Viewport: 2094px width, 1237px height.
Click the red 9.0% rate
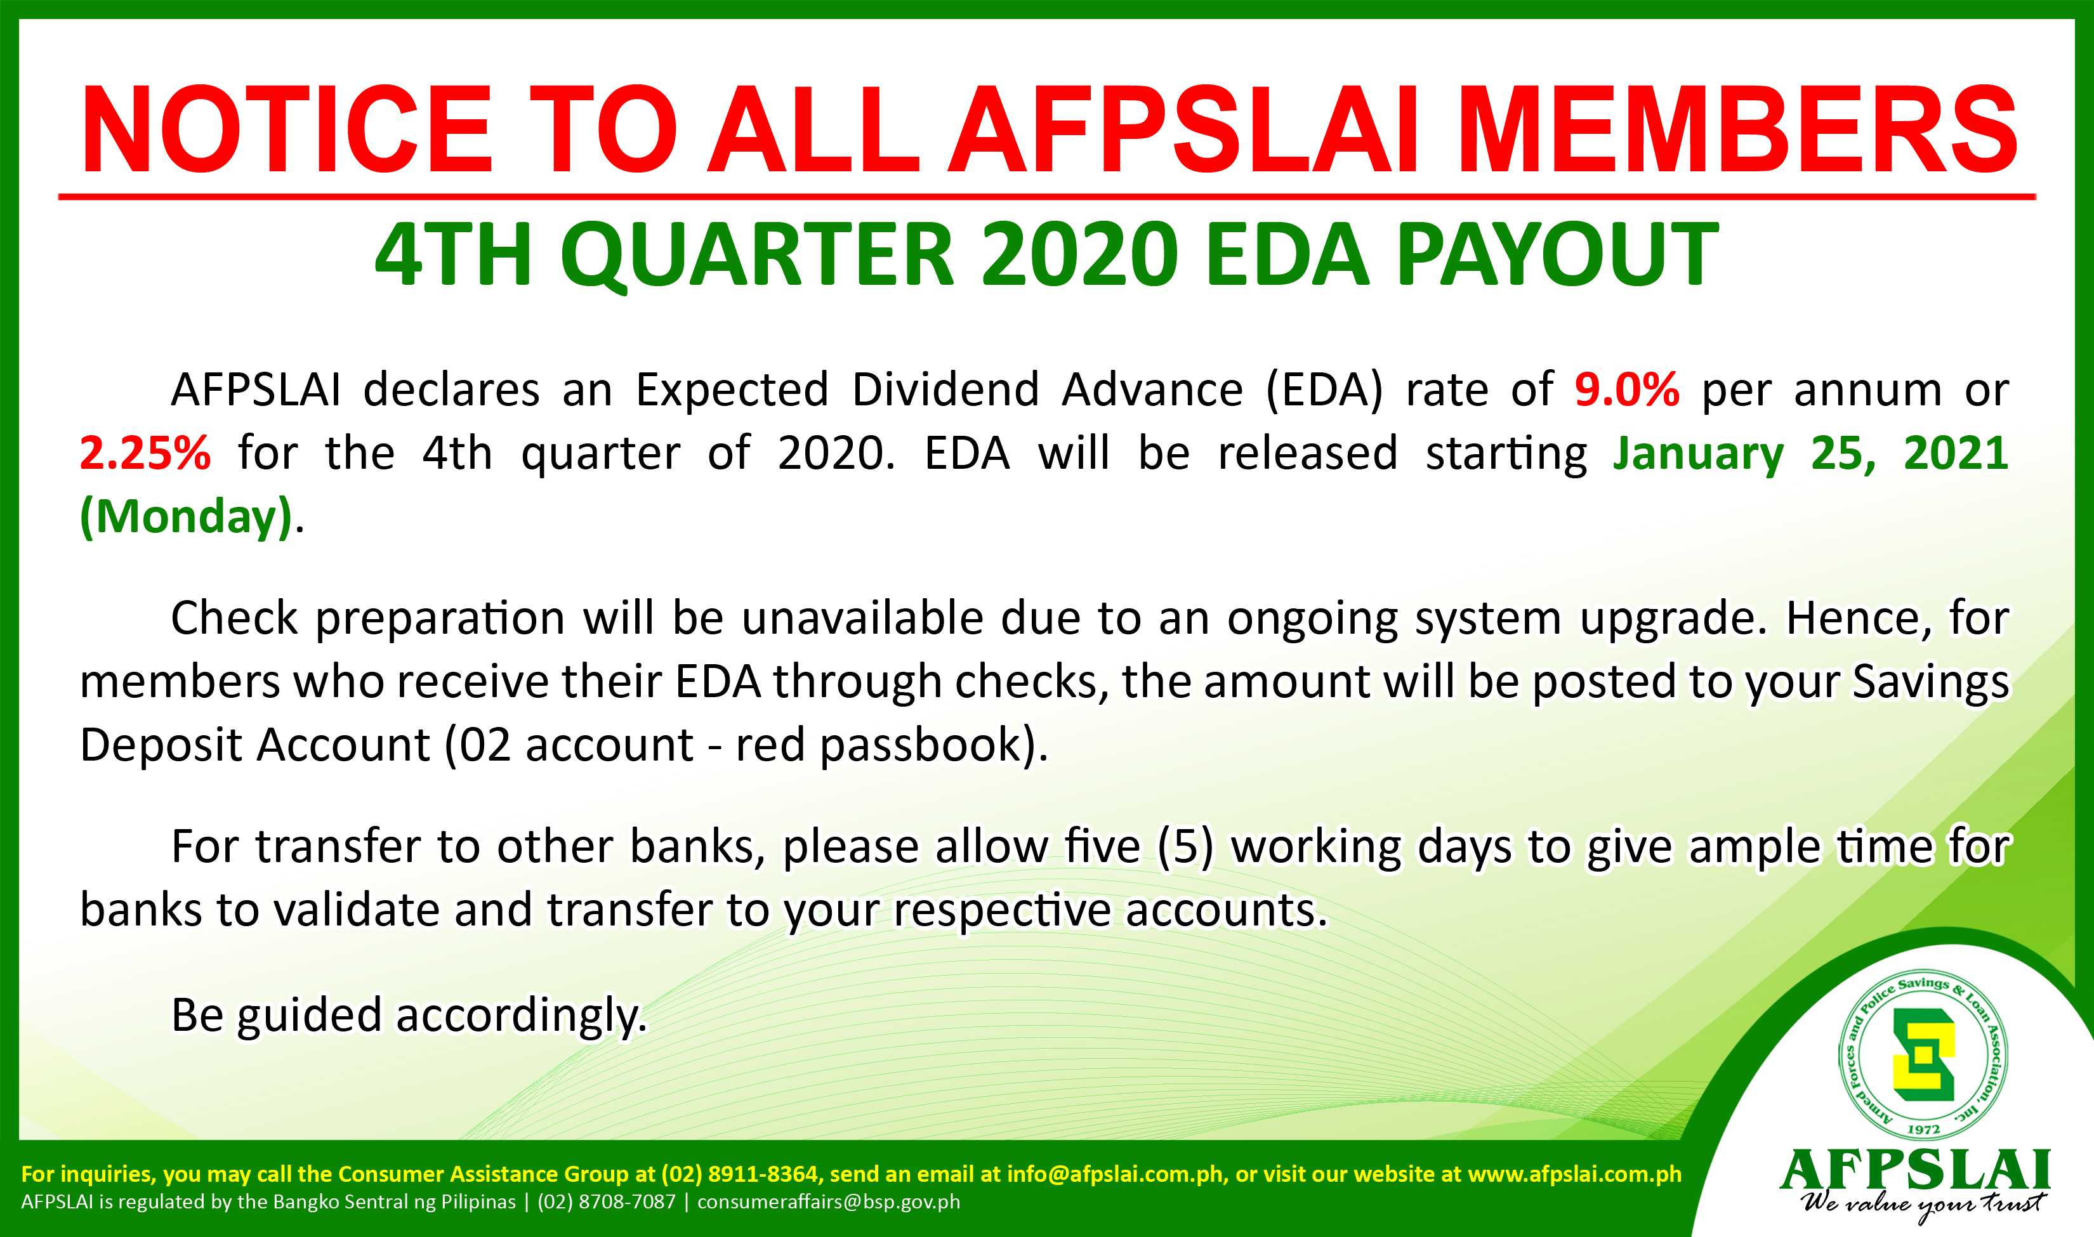tap(1627, 389)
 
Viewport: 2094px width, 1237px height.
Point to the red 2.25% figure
tap(145, 453)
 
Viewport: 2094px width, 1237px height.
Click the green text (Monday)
tap(187, 517)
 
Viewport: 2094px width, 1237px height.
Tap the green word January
tap(1698, 455)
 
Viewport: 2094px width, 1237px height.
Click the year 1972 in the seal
tap(1924, 1129)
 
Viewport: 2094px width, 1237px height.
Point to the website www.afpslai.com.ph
tap(1575, 1174)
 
